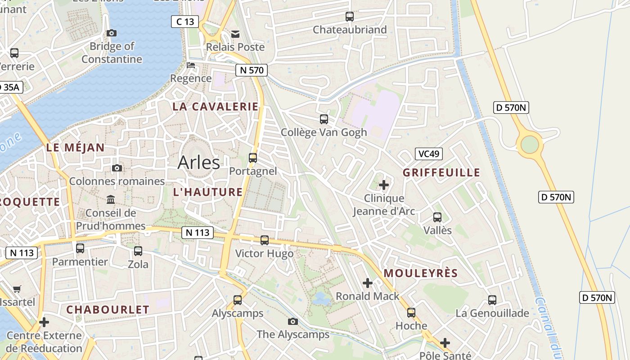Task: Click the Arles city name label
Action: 199,162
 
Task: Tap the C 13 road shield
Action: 185,22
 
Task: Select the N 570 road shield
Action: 252,70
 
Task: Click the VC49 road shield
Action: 428,154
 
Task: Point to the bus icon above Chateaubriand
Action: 350,17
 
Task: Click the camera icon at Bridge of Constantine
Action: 112,33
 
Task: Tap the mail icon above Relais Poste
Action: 235,34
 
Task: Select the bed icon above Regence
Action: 191,65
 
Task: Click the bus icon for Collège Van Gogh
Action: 324,119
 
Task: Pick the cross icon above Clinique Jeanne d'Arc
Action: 384,185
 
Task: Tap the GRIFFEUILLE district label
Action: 441,173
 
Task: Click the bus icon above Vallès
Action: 437,217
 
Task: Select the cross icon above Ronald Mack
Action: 368,283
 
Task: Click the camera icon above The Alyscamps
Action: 293,321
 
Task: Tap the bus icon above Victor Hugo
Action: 265,240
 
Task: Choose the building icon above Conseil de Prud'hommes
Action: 111,199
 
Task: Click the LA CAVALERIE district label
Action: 216,107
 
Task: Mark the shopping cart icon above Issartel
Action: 17,289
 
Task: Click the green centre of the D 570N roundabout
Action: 530,144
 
